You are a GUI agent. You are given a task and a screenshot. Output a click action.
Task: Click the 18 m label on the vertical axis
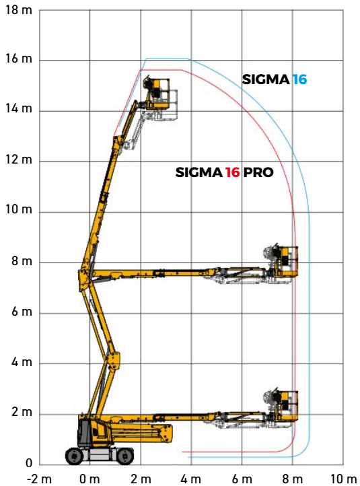pos(19,10)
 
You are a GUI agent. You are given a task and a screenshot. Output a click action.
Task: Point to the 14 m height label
pos(19,109)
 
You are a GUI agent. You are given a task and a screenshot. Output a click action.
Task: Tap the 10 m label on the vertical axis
pos(19,210)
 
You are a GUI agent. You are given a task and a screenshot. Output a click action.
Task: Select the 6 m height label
pos(22,312)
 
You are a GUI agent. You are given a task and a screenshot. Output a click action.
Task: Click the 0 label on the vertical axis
pos(29,463)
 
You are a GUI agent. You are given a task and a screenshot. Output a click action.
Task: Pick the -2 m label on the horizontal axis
pos(39,479)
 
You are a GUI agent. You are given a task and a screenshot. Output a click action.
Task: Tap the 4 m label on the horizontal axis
pos(191,479)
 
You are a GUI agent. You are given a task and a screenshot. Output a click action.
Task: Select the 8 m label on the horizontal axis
pos(292,479)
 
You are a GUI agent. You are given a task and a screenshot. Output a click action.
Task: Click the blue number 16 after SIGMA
pos(299,79)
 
